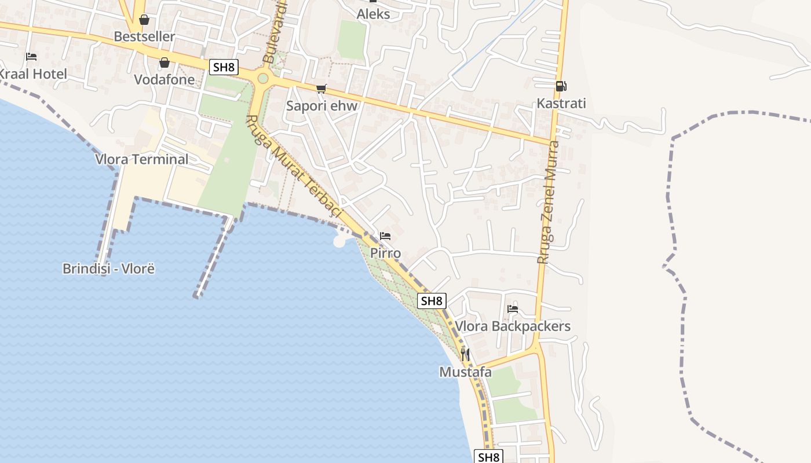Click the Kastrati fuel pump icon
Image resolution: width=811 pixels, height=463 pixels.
[x=560, y=86]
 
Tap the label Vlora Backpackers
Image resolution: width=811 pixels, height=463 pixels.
[x=513, y=326]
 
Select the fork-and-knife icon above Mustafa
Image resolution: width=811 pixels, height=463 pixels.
[x=465, y=354]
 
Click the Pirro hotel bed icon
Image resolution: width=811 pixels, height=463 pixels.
[x=385, y=236]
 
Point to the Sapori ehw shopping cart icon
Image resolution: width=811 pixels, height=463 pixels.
[x=322, y=89]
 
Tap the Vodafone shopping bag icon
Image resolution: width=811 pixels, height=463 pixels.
[x=165, y=63]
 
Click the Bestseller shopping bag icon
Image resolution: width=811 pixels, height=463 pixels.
[x=144, y=20]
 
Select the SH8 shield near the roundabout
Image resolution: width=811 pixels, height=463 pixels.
[x=224, y=67]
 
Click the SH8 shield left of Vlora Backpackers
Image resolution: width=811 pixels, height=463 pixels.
[x=432, y=301]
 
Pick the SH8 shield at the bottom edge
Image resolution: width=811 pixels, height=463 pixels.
[x=488, y=457]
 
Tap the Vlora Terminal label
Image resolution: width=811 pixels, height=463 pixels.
[x=142, y=159]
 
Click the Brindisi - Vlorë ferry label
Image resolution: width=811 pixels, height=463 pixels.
[x=109, y=269]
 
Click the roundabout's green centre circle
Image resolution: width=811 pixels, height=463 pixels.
[x=263, y=78]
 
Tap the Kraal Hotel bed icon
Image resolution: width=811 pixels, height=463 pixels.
[x=31, y=57]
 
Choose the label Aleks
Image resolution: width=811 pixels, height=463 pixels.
[x=373, y=14]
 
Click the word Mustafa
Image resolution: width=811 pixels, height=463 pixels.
[x=465, y=372]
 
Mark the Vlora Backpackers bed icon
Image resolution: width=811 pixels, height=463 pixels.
[x=512, y=309]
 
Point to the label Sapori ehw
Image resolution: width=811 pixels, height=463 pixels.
[x=322, y=106]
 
